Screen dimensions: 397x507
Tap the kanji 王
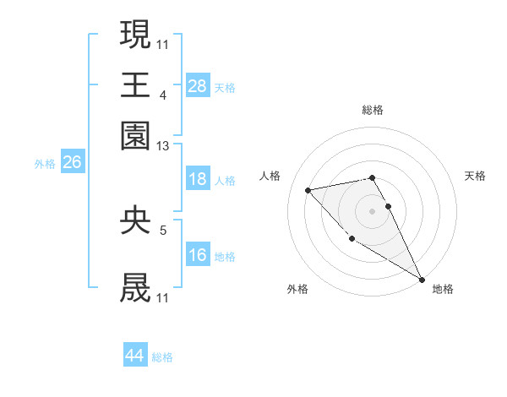click(x=135, y=85)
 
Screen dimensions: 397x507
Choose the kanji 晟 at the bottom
click(x=135, y=287)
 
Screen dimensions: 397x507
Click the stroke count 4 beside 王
click(x=163, y=95)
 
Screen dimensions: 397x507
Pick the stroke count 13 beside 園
click(x=163, y=147)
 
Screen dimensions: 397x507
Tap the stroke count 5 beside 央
click(x=163, y=229)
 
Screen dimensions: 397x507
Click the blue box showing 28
click(x=197, y=86)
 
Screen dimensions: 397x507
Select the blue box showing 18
click(x=197, y=179)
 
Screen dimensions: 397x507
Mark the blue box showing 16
click(x=197, y=255)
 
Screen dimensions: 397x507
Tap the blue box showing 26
click(x=72, y=163)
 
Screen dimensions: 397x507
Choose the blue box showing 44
click(x=134, y=356)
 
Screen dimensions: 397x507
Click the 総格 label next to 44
click(x=162, y=357)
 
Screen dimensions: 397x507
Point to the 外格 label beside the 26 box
click(x=44, y=164)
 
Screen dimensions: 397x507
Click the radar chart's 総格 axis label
click(x=372, y=110)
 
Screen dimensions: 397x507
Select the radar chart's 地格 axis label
click(x=443, y=289)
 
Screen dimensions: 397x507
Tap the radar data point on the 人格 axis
click(x=308, y=190)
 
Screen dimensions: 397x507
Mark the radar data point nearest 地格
click(x=422, y=279)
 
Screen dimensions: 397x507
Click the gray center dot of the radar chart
click(x=372, y=211)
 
